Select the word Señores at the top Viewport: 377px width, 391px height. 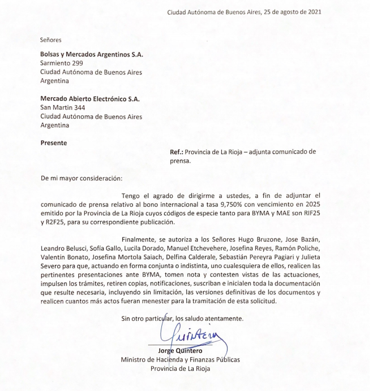[51, 40]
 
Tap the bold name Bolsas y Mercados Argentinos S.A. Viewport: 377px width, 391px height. [88, 54]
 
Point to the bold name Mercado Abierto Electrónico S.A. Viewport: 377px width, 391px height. [89, 99]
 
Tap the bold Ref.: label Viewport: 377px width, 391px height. [178, 152]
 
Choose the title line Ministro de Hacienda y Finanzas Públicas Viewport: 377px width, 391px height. [180, 360]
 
